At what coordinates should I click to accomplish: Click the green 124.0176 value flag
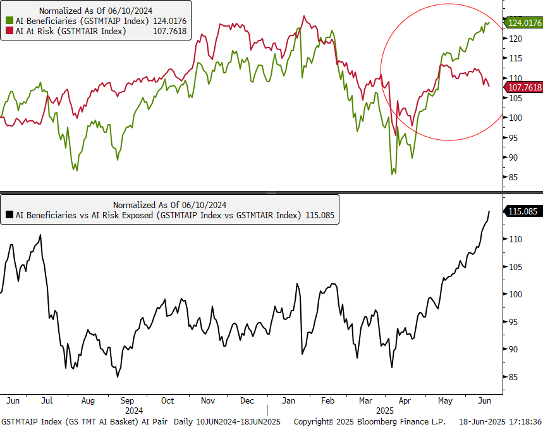523,23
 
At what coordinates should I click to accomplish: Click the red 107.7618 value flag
523,87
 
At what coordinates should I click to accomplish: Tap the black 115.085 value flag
523,211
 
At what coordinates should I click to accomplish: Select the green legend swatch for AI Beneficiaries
9,21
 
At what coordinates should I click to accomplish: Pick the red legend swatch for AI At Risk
9,31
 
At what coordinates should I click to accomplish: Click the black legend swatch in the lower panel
9,215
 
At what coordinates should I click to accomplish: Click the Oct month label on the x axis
168,400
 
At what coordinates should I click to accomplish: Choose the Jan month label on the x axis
288,400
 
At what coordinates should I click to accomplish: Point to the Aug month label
88,400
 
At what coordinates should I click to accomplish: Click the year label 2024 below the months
133,410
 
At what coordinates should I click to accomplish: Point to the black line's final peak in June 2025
489,211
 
